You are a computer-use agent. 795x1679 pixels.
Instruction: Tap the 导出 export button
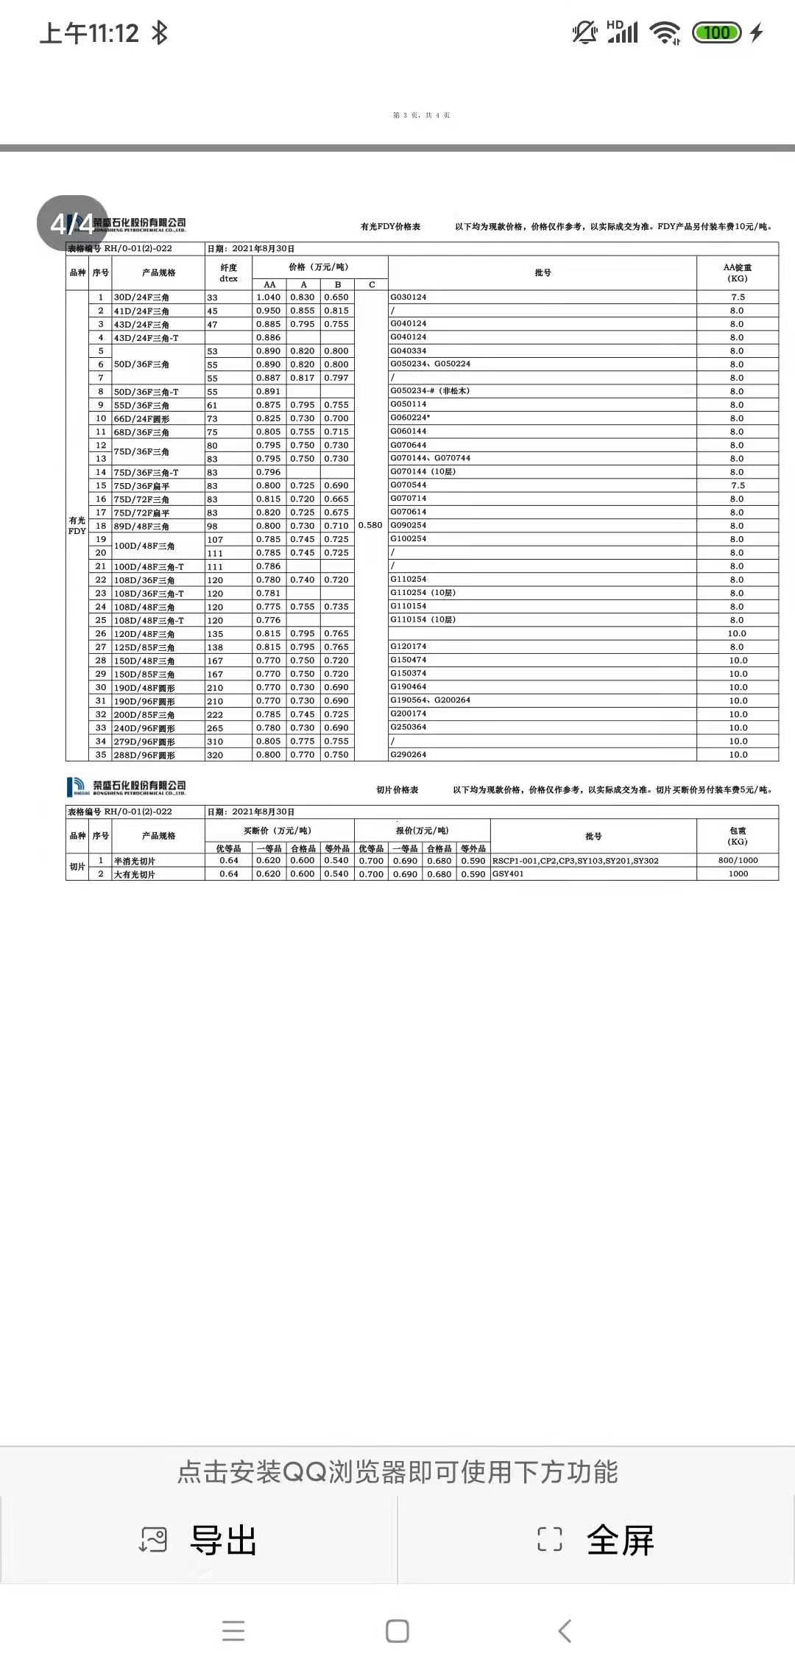[x=199, y=1539]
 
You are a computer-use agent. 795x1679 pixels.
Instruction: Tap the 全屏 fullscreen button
[x=596, y=1539]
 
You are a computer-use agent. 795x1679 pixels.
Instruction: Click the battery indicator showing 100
[x=716, y=32]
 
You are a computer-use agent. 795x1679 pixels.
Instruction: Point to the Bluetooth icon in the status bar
[x=160, y=32]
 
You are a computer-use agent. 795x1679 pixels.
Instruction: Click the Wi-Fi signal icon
[x=665, y=32]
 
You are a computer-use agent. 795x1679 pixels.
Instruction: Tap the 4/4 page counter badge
[x=72, y=223]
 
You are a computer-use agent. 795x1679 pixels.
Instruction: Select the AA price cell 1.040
[x=268, y=298]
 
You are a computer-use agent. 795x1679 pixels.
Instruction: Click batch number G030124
[x=409, y=297]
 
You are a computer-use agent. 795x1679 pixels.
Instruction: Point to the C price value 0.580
[x=370, y=526]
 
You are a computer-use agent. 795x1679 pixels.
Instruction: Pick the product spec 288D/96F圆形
[x=144, y=755]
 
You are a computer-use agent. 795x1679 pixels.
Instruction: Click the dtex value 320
[x=215, y=755]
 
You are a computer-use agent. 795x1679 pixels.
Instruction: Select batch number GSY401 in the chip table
[x=507, y=874]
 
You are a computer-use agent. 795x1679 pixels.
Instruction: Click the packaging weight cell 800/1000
[x=738, y=860]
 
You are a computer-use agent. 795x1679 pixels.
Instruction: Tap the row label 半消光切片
[x=134, y=861]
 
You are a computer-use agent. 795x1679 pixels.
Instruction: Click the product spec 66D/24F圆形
[x=141, y=418]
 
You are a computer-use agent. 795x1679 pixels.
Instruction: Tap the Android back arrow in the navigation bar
[x=565, y=1630]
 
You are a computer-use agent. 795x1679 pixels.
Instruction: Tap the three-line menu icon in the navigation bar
[x=233, y=1630]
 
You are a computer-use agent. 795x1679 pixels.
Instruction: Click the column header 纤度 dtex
[x=228, y=272]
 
